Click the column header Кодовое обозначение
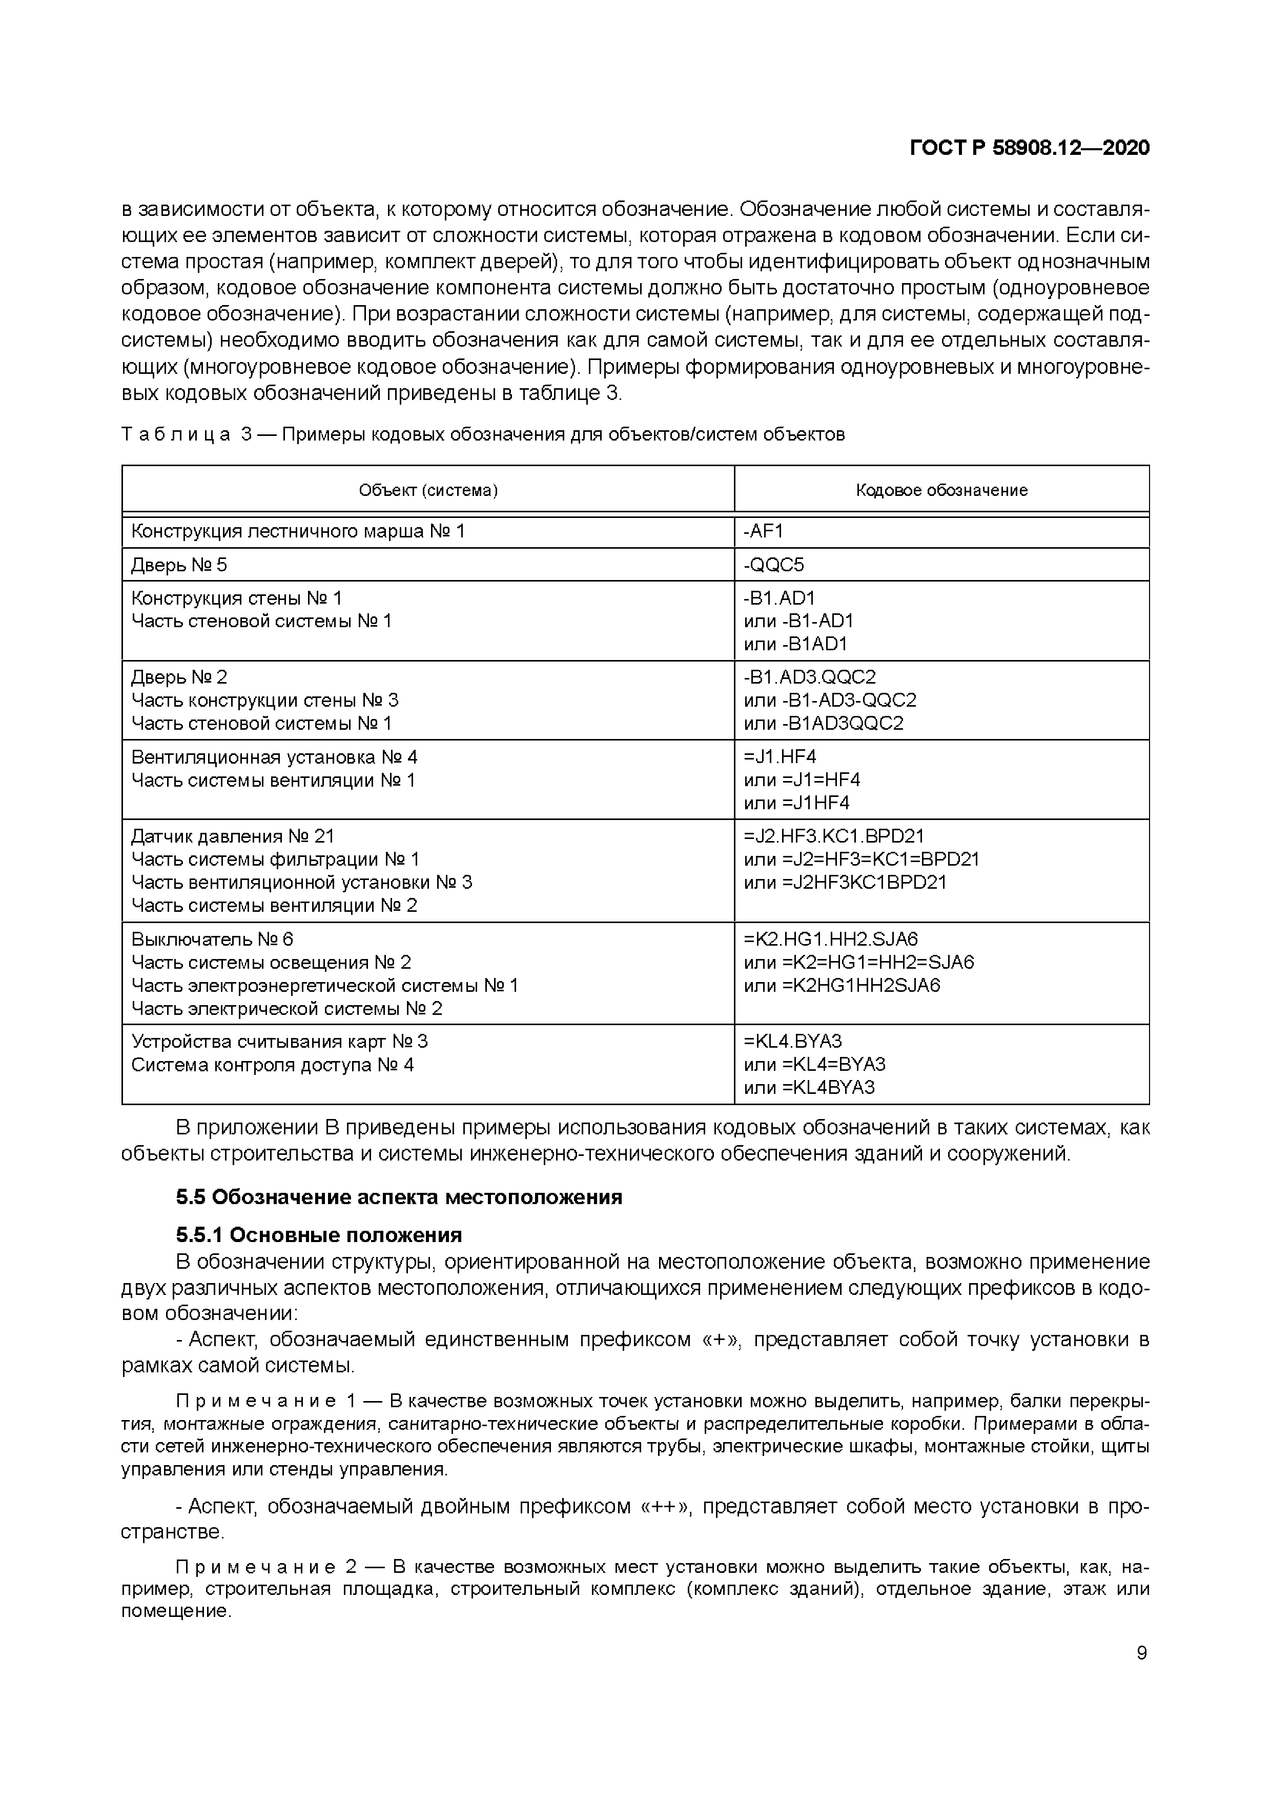(x=941, y=490)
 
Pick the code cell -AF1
(x=764, y=531)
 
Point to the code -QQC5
(x=774, y=565)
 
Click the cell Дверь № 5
(x=179, y=565)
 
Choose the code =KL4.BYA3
(x=792, y=1042)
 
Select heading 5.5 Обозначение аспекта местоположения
(x=399, y=1197)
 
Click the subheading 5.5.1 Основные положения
(x=319, y=1235)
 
